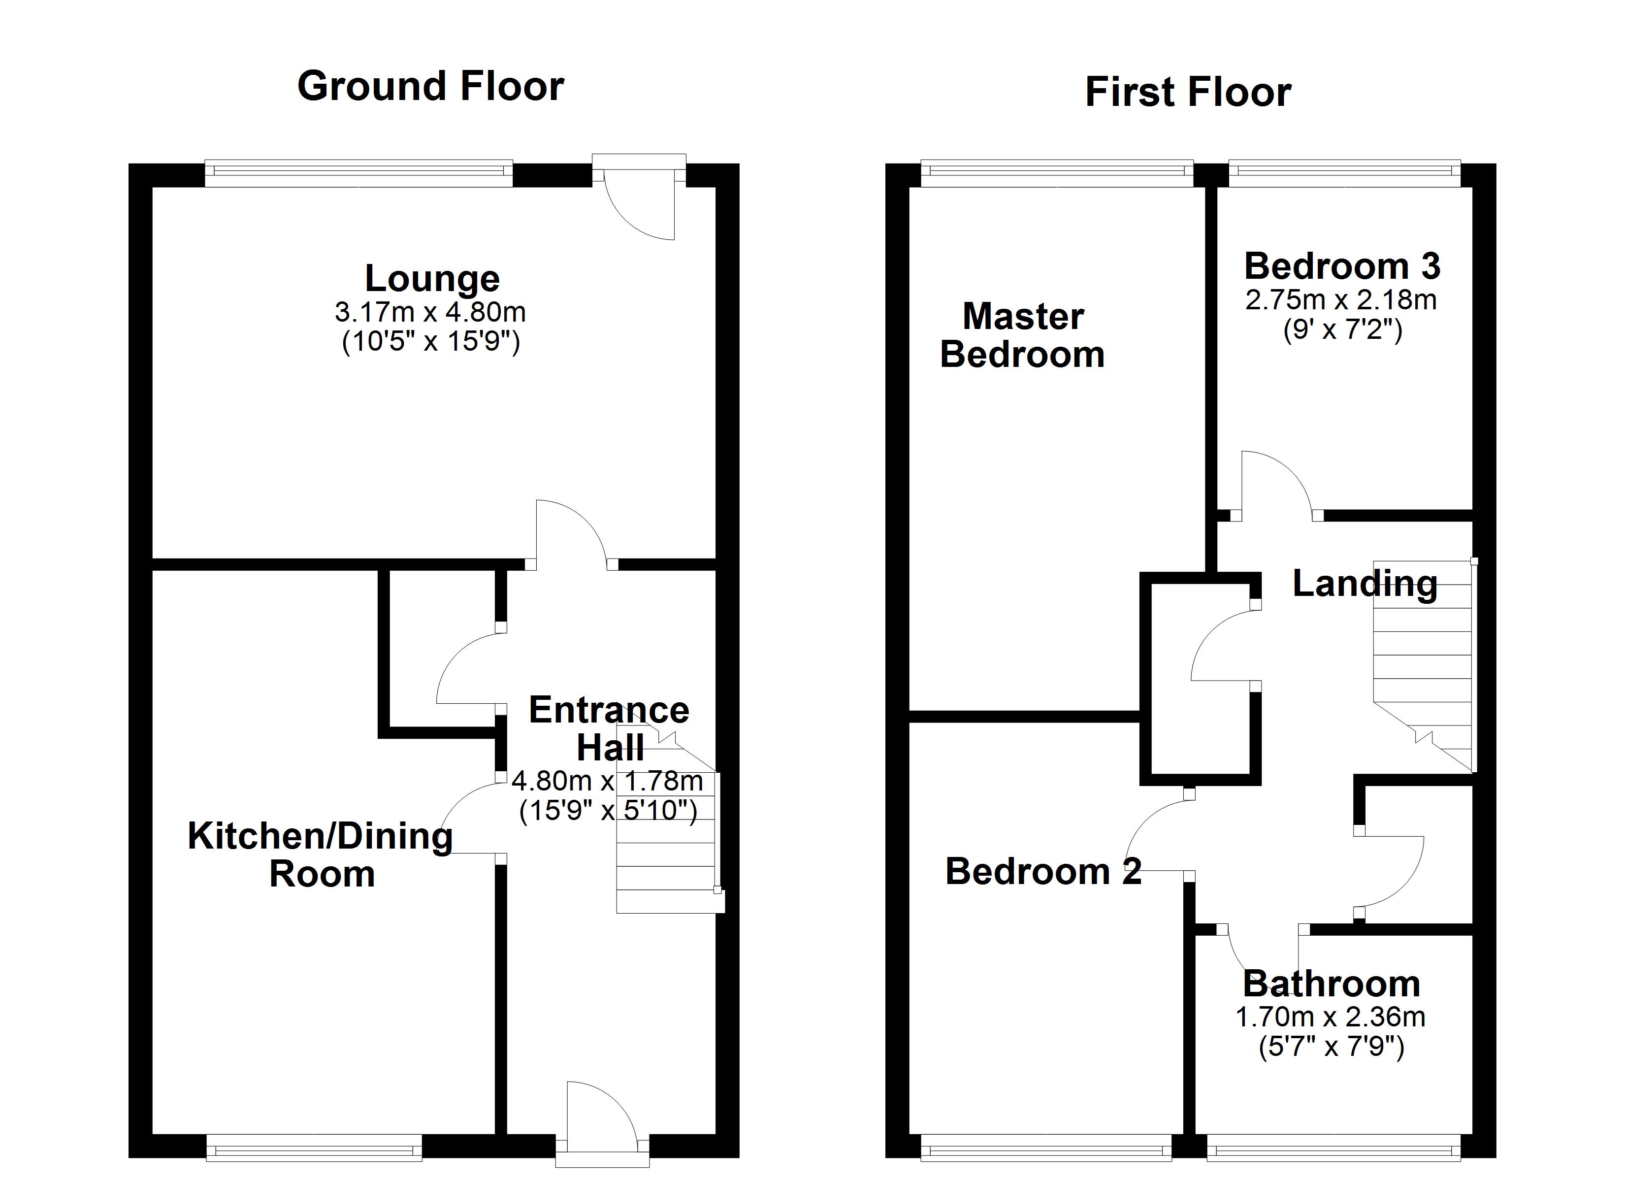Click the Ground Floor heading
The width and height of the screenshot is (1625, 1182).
430,87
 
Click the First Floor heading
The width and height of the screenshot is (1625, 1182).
1188,93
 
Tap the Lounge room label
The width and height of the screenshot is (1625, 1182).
432,278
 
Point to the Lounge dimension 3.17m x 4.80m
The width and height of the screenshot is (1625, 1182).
430,313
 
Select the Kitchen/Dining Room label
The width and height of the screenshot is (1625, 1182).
320,854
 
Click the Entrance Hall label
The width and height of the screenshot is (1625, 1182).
609,728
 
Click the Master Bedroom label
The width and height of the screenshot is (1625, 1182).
1022,335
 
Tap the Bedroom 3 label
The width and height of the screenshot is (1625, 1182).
1342,266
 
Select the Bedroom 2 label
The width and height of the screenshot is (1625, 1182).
1043,872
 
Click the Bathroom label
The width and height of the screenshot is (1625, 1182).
1331,984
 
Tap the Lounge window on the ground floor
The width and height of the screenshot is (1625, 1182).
359,172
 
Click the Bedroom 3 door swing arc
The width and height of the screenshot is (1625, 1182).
1282,473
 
